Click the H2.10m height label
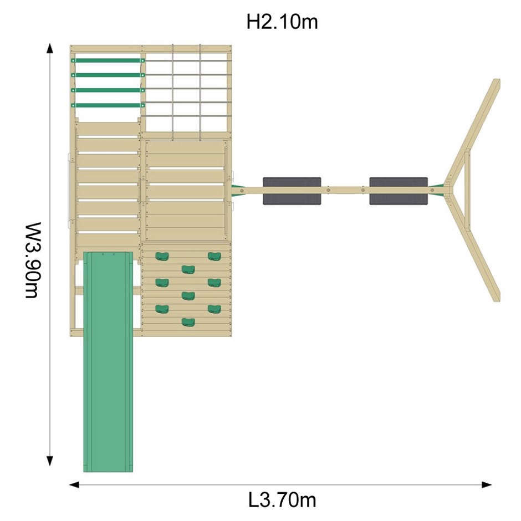[282, 22]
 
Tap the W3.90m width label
[33, 260]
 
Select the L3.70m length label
[282, 500]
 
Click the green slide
[108, 361]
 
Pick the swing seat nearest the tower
[292, 191]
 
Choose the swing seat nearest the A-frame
[399, 191]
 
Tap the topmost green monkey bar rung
[108, 60]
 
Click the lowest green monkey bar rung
[108, 105]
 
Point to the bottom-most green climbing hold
[188, 322]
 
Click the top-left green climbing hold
[162, 256]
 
